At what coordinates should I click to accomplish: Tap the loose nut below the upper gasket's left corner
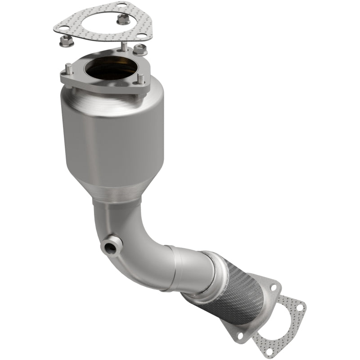65,42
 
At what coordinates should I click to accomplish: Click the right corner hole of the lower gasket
299,309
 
